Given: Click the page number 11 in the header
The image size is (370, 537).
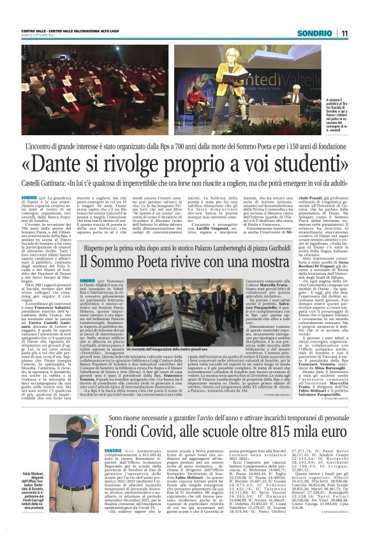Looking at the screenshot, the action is pyautogui.click(x=344, y=33).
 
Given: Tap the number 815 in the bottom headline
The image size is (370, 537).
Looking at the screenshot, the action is pyautogui.click(x=288, y=434).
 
